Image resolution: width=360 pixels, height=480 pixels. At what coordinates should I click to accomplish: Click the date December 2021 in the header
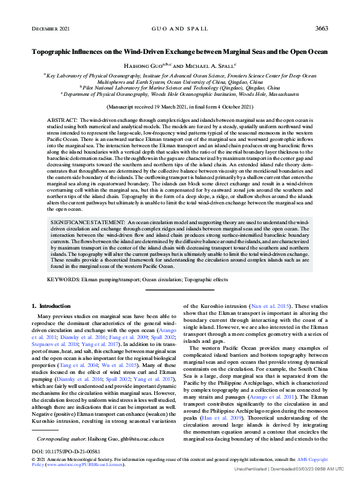point(50,29)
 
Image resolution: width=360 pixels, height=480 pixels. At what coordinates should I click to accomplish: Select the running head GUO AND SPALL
point(180,29)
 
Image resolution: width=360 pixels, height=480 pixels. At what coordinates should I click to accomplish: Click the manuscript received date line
point(180,108)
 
